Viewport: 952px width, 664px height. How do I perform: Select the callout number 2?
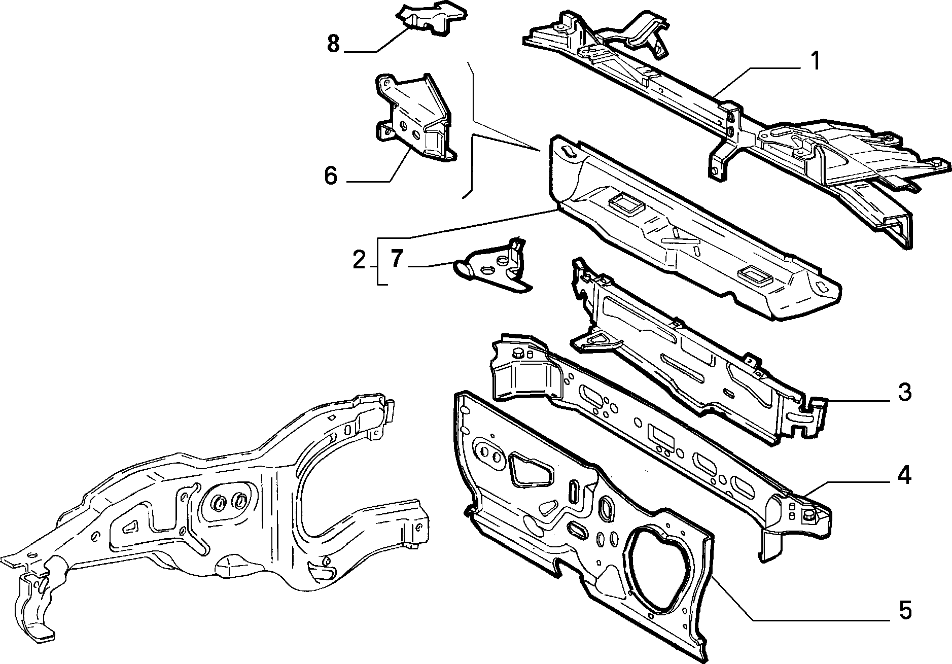pyautogui.click(x=359, y=261)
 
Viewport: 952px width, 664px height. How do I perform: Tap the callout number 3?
pyautogui.click(x=904, y=393)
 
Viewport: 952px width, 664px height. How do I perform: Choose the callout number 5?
pyautogui.click(x=904, y=610)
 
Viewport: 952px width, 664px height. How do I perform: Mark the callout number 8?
pyautogui.click(x=333, y=43)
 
